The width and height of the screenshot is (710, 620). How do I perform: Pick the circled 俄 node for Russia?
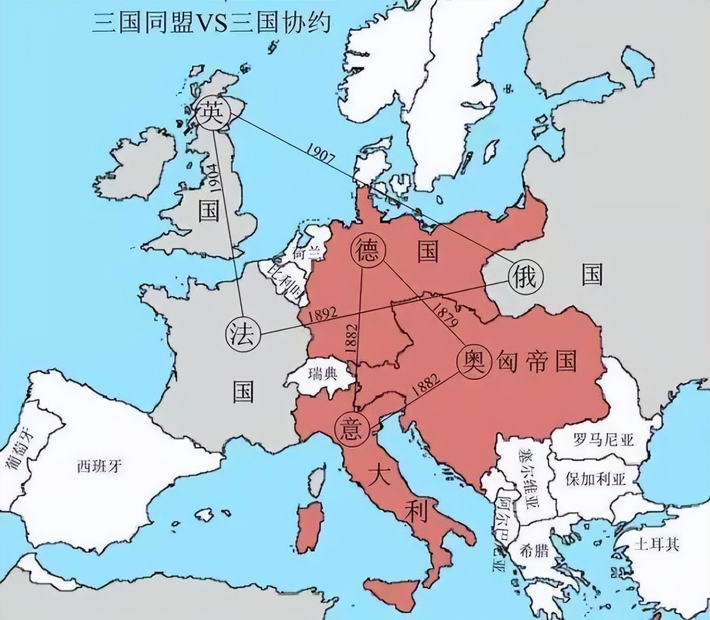[524, 276]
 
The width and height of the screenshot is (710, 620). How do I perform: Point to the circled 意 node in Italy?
[352, 429]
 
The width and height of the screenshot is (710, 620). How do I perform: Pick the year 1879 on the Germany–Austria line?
[447, 314]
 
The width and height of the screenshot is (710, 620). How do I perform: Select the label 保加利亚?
[595, 479]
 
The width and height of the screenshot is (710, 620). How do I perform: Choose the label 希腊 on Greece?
[534, 551]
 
